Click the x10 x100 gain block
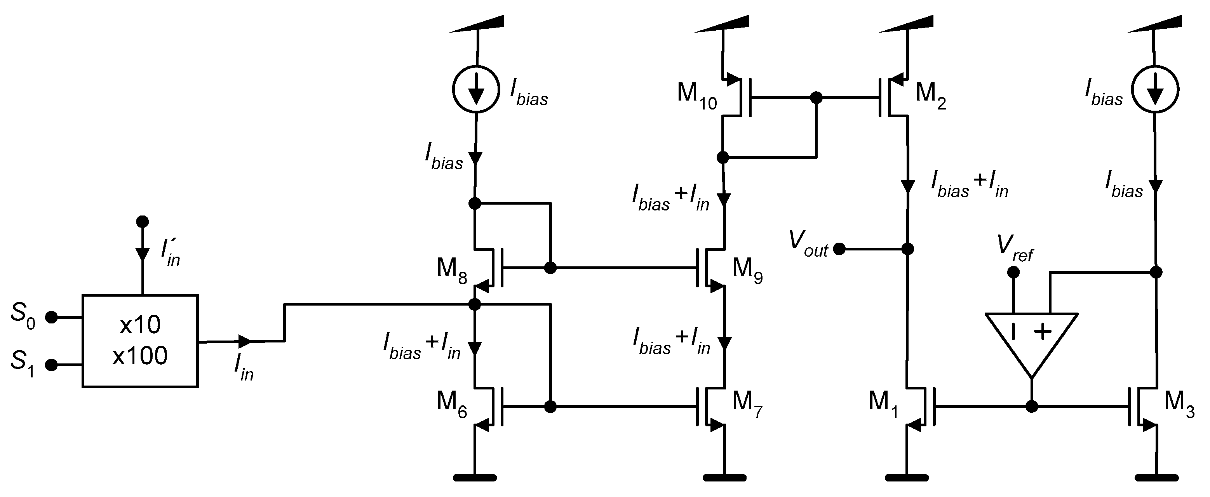pos(140,341)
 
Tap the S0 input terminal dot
pos(51,318)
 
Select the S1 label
pos(23,363)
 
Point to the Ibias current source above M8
pos(476,89)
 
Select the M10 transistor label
pos(696,96)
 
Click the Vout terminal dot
pos(839,249)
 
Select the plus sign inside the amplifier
pos(1043,332)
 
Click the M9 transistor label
pos(747,270)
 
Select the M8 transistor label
pos(451,270)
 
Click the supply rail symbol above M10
pos(721,24)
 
